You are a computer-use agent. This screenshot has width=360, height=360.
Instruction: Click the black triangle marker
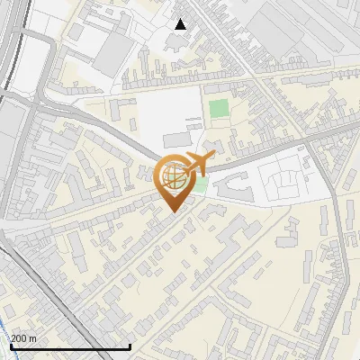[x=181, y=24]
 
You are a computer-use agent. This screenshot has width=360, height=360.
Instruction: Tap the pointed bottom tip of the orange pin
[x=172, y=211]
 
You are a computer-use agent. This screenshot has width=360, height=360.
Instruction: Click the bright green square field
[x=219, y=111]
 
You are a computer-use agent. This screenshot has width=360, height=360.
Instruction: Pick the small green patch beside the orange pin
[x=201, y=186]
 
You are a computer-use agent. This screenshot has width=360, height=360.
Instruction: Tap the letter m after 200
[x=33, y=338]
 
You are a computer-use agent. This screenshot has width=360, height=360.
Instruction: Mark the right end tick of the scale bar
[x=130, y=345]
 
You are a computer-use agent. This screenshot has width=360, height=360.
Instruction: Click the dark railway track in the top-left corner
[x=9, y=45]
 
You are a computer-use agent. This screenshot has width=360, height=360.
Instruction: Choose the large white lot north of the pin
[x=166, y=112]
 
